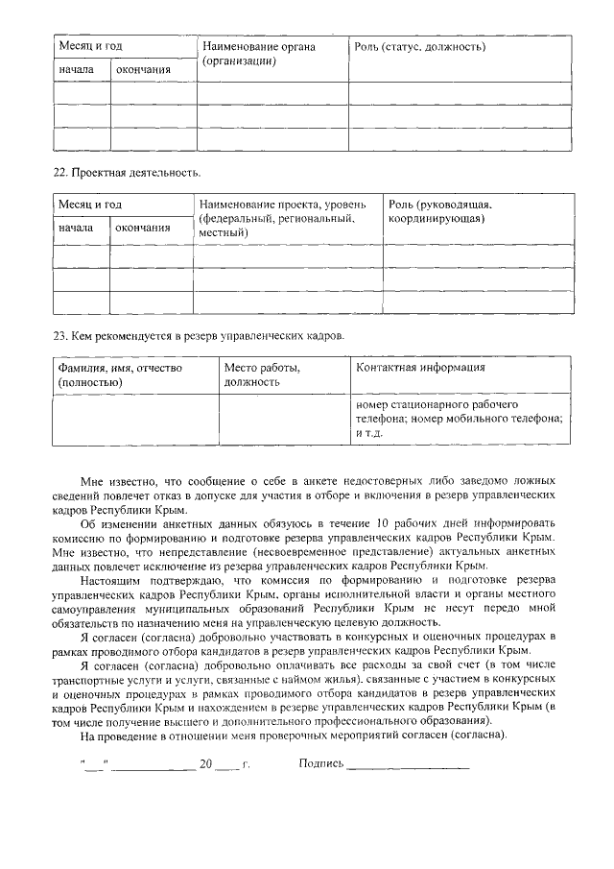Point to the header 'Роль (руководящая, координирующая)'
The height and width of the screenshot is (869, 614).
click(x=441, y=212)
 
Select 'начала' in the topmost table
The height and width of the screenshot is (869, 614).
click(x=76, y=70)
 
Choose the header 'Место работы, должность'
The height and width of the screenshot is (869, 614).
click(x=262, y=374)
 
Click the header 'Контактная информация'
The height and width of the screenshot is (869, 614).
click(x=420, y=367)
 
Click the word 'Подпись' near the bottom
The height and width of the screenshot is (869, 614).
click(x=320, y=765)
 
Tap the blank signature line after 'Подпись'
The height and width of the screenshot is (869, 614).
click(x=408, y=767)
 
